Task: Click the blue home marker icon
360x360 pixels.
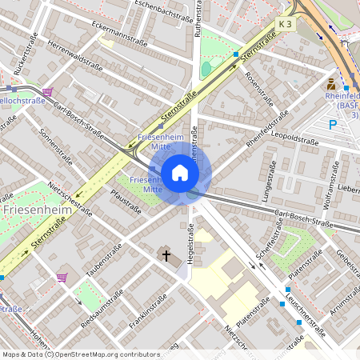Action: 180,173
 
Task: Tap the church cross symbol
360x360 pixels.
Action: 166,256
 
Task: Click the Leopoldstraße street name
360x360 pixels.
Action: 295,138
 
